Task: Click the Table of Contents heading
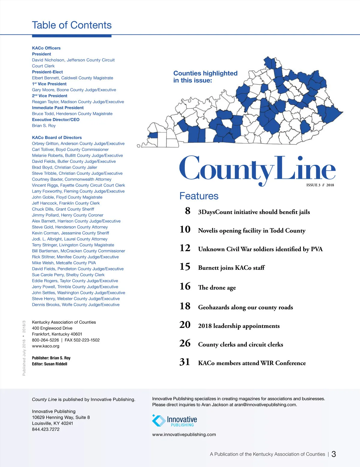pos(72,25)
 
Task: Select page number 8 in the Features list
pos(188,211)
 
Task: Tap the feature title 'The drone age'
pos(217,287)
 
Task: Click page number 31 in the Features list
pos(185,362)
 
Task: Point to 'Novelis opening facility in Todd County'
pos(252,231)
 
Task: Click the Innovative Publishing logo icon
pos(159,421)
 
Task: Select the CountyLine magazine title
pos(257,169)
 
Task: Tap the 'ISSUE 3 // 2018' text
pos(320,185)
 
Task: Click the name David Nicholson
pos(48,60)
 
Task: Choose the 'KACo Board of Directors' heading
pos(57,138)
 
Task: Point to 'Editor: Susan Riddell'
pos(49,364)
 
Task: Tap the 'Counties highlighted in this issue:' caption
pos(205,77)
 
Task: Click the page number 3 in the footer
pos(334,454)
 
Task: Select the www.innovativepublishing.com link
pos(184,434)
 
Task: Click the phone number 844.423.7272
pos(46,429)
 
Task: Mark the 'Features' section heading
pos(199,196)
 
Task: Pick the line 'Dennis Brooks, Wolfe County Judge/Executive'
pos(76,305)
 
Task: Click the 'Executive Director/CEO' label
pos(56,120)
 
